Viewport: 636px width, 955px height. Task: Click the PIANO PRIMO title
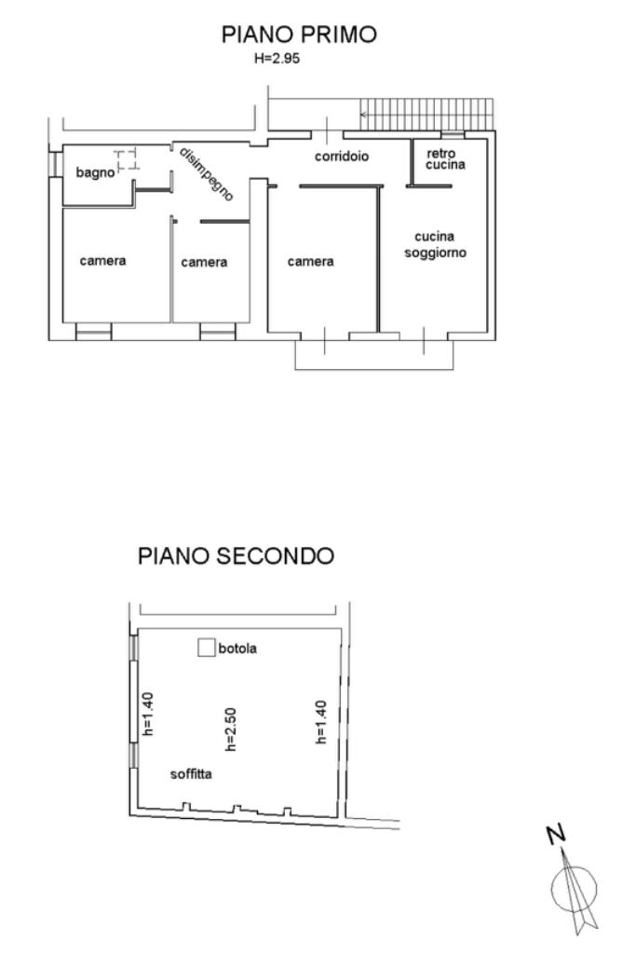[x=299, y=34]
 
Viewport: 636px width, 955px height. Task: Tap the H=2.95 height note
[x=277, y=59]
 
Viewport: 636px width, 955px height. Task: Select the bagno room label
[x=95, y=173]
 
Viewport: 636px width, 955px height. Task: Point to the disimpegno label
[x=206, y=174]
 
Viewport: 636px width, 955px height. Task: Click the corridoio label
[x=342, y=157]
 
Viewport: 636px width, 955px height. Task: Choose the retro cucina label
[x=445, y=159]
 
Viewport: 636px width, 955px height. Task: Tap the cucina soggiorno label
[x=435, y=244]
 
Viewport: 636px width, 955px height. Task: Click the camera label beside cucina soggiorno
[x=310, y=262]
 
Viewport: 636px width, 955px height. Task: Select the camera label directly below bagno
[x=102, y=261]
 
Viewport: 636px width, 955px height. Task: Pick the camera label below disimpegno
[x=204, y=263]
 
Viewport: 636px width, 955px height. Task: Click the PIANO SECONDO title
[x=237, y=556]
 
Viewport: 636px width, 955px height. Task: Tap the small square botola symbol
[x=207, y=648]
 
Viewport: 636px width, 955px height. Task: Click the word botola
[x=237, y=648]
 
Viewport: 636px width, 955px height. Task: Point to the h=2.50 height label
[x=230, y=729]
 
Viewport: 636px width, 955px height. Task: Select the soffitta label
[x=191, y=774]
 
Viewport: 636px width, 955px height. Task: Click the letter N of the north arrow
[x=556, y=835]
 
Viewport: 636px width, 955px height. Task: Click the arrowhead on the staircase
[x=363, y=114]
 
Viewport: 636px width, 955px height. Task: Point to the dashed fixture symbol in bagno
[x=128, y=159]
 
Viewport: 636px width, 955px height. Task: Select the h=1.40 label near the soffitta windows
[x=147, y=714]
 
